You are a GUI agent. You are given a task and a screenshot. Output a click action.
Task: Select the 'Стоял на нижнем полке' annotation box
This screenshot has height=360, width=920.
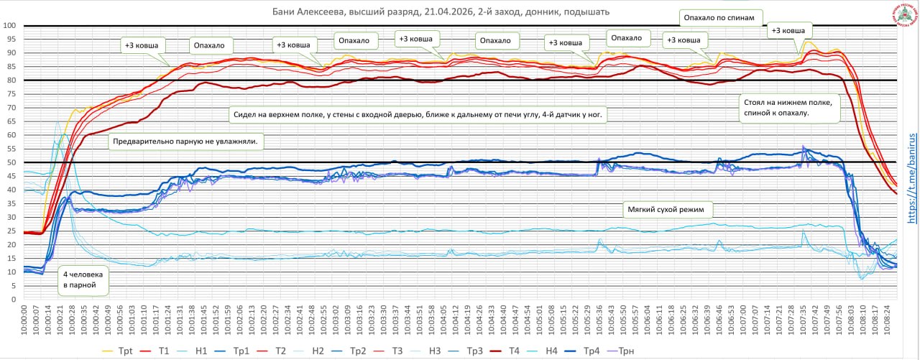(788, 108)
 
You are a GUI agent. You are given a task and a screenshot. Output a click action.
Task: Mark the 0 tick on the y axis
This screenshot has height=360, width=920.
(14, 299)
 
